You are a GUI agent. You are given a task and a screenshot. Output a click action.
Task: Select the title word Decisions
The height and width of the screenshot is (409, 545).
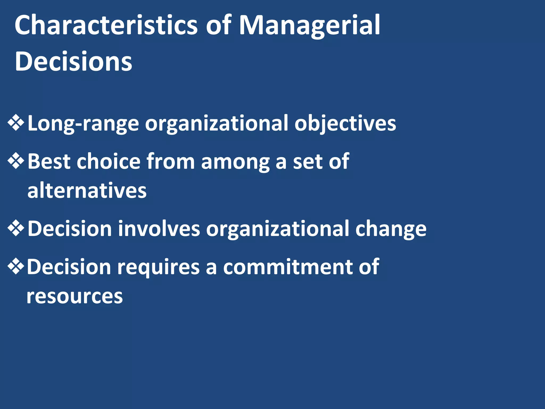click(73, 62)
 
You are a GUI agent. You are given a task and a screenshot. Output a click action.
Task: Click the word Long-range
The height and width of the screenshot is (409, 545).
click(83, 124)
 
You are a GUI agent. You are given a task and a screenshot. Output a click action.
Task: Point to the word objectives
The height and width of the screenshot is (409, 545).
click(345, 124)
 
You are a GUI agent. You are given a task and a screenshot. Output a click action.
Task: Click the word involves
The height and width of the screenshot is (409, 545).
click(159, 228)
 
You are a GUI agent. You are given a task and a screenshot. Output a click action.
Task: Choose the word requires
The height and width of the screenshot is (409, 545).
click(158, 267)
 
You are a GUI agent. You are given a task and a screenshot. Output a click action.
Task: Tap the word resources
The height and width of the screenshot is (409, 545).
click(75, 296)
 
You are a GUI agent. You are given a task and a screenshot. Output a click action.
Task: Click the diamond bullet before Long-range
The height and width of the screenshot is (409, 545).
click(16, 123)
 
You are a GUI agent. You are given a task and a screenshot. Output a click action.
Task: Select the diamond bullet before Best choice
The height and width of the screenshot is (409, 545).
click(16, 161)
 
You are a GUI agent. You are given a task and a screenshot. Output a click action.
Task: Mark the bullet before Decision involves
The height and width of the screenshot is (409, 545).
click(16, 228)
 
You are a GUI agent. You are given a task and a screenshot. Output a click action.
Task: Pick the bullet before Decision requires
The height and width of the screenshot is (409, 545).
click(16, 266)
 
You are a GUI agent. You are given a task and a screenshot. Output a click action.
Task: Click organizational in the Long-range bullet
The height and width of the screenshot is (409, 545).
click(216, 124)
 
